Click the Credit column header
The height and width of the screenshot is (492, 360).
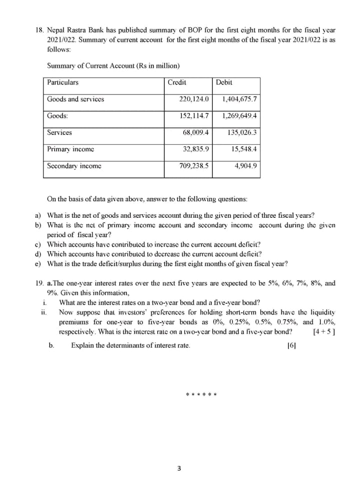(x=177, y=82)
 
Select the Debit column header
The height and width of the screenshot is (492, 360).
(x=224, y=82)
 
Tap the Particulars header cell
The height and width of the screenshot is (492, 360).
(x=62, y=82)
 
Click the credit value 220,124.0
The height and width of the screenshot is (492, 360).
(x=193, y=99)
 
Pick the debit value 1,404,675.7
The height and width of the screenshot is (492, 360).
(x=239, y=99)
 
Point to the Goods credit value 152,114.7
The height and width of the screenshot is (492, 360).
(x=193, y=116)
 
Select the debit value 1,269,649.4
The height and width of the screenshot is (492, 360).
(x=239, y=116)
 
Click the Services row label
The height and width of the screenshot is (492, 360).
(x=59, y=132)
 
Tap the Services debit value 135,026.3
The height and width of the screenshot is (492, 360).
(x=242, y=132)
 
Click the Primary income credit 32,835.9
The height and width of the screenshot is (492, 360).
(x=196, y=149)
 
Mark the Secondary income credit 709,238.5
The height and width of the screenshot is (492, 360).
(x=193, y=166)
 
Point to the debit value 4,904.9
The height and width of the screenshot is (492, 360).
(x=245, y=166)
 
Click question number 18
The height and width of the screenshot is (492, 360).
(x=39, y=30)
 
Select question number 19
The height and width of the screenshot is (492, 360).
(x=39, y=283)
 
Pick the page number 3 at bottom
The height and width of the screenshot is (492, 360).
(x=179, y=469)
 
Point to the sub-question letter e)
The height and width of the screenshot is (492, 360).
(x=37, y=264)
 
